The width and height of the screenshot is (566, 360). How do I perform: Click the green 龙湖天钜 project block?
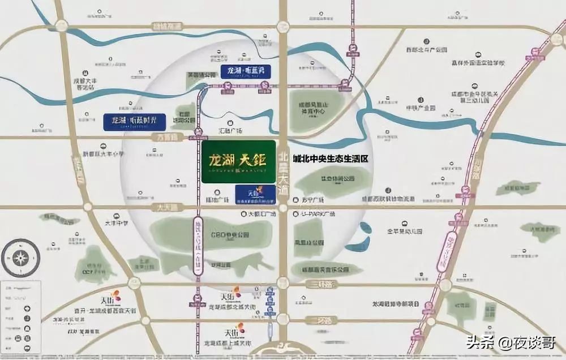point(238,161)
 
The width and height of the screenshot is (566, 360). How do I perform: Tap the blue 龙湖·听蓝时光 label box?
point(134,121)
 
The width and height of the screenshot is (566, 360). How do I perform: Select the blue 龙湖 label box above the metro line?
point(245,71)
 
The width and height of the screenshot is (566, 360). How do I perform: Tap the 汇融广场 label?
point(231,131)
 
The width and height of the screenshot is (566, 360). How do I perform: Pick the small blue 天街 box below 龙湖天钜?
point(254,194)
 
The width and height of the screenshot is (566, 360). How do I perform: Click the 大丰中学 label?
point(117,216)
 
